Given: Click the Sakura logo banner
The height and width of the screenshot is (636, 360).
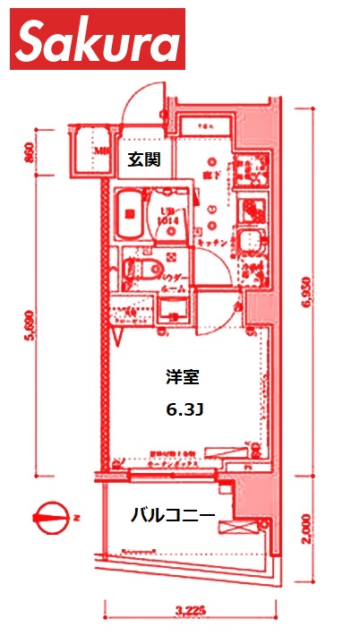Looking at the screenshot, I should point(97,39).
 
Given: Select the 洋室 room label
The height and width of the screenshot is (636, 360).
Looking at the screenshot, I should point(183,378).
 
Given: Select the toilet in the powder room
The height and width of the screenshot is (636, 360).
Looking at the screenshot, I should point(140,269).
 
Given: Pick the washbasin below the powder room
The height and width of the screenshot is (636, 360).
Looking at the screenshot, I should point(173,311).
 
